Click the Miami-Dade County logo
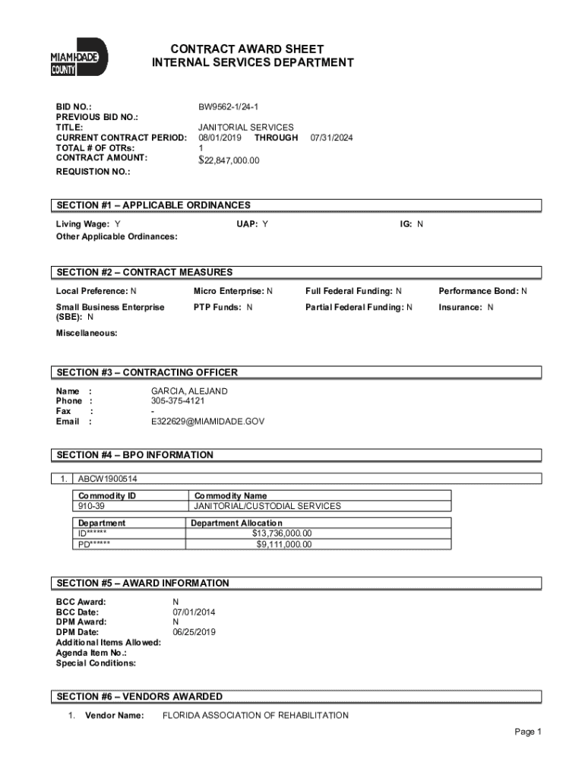(78, 57)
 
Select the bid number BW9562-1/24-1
(233, 107)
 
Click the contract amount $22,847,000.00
(229, 160)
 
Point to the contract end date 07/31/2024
(331, 138)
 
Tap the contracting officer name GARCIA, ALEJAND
(189, 391)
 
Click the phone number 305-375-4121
(178, 400)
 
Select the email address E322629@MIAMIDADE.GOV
(207, 421)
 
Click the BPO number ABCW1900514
(108, 479)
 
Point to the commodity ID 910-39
(92, 506)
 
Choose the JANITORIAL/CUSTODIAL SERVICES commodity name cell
(267, 506)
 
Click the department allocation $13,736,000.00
(282, 533)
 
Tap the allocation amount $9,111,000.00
(283, 544)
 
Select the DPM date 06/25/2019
(194, 632)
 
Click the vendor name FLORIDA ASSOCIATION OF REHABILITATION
(255, 716)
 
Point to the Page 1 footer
(527, 732)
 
